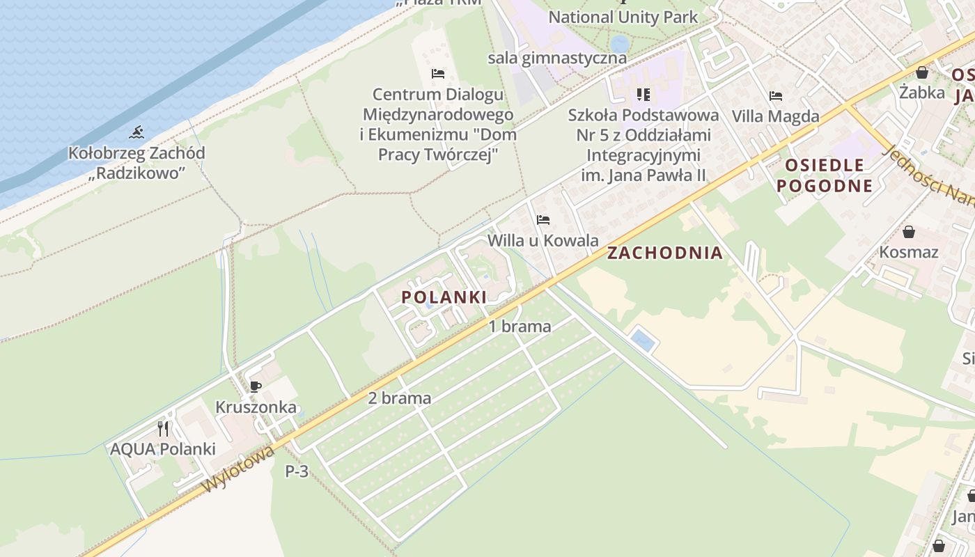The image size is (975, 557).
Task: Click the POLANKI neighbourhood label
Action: point(444,297)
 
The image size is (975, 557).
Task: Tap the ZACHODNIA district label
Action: point(664,253)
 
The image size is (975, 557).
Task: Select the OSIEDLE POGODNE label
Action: point(825,175)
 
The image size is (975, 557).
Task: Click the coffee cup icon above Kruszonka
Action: point(256,386)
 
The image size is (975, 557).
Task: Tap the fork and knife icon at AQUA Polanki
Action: point(163,428)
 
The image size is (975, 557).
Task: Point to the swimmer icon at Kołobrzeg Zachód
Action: point(136,132)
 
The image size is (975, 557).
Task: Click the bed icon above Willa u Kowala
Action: point(543,220)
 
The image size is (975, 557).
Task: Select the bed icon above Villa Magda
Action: point(776,95)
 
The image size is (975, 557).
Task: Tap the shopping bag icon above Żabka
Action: point(922,72)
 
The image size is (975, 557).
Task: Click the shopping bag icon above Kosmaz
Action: point(909,232)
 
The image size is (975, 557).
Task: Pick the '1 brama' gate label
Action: point(520,327)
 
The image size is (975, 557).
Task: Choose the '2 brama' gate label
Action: point(400,398)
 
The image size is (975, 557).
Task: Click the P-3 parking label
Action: point(297,471)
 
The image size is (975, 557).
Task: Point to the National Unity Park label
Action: point(623,17)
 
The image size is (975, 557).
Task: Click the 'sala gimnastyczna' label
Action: point(557,57)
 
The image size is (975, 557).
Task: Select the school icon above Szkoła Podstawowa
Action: point(643,94)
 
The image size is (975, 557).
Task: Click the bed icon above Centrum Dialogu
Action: point(438,73)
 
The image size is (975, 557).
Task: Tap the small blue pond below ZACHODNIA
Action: point(643,341)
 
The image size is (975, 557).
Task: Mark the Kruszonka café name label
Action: point(256,407)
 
